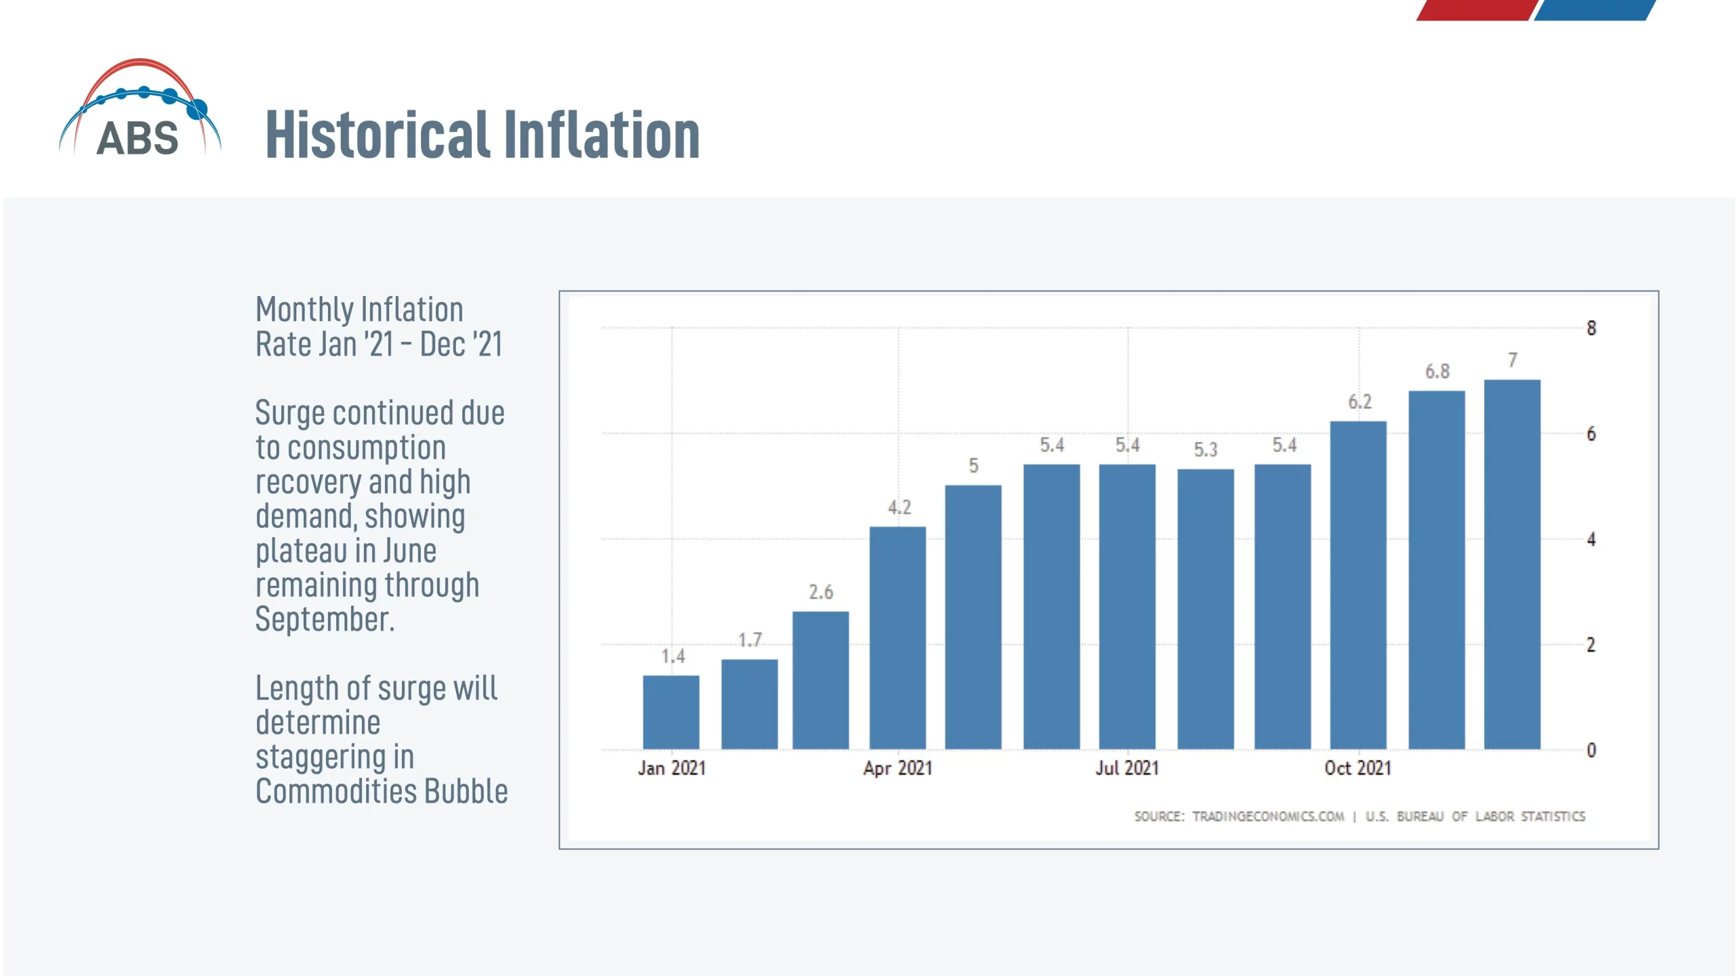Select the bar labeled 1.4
pyautogui.click(x=671, y=712)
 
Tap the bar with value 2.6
pyautogui.click(x=820, y=680)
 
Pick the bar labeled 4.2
pyautogui.click(x=897, y=637)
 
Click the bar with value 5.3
pyautogui.click(x=1205, y=609)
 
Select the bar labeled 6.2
pyautogui.click(x=1358, y=585)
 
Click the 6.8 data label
pyautogui.click(x=1437, y=371)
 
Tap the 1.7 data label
pyautogui.click(x=750, y=640)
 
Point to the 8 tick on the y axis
pyautogui.click(x=1591, y=328)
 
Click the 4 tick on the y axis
pyautogui.click(x=1591, y=540)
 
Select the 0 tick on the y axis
pyautogui.click(x=1591, y=750)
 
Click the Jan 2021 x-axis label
pyautogui.click(x=671, y=768)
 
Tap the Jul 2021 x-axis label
pyautogui.click(x=1127, y=768)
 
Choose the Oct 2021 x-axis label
pyautogui.click(x=1358, y=768)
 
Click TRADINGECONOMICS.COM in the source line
pyautogui.click(x=1267, y=816)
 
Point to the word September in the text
pyautogui.click(x=324, y=620)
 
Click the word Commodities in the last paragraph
pyautogui.click(x=336, y=792)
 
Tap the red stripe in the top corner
pyautogui.click(x=1476, y=9)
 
